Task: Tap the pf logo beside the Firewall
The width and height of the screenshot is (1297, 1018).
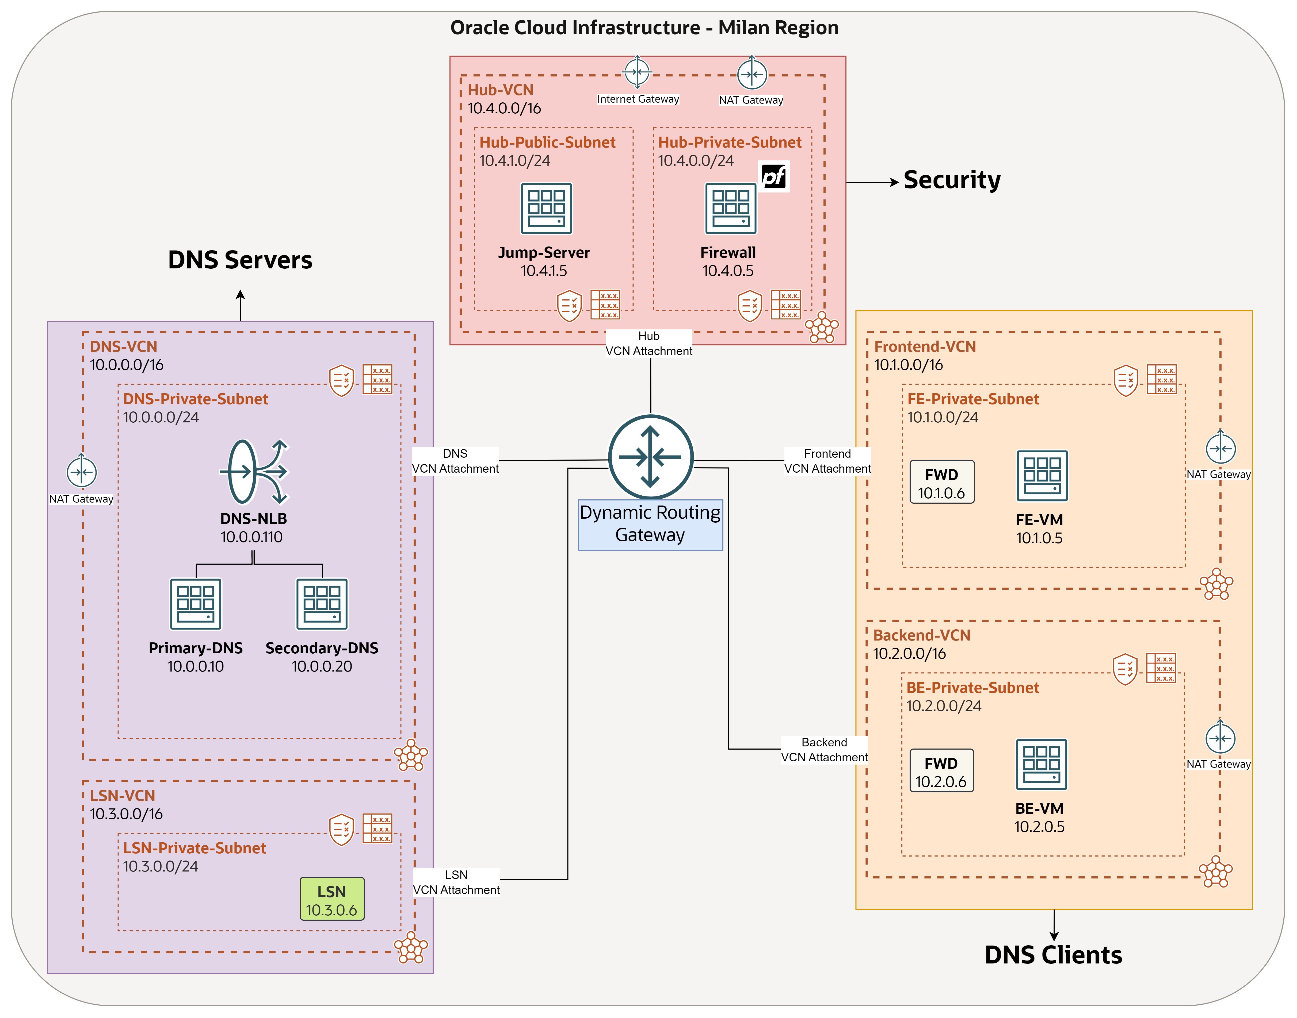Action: tap(774, 176)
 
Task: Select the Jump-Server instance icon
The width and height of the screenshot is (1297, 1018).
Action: tap(546, 209)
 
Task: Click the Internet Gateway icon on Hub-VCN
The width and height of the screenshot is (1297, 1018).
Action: tap(637, 73)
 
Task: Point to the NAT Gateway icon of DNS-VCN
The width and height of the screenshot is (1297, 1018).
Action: tap(82, 472)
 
